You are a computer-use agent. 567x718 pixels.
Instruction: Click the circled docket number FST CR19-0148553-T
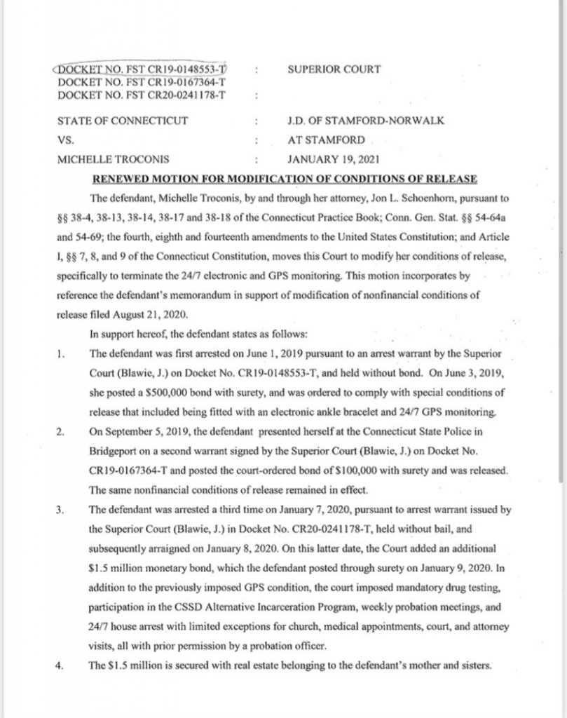coord(143,70)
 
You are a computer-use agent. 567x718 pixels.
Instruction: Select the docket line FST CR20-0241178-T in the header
coord(143,93)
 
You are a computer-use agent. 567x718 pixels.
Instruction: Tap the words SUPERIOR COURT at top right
coord(334,69)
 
